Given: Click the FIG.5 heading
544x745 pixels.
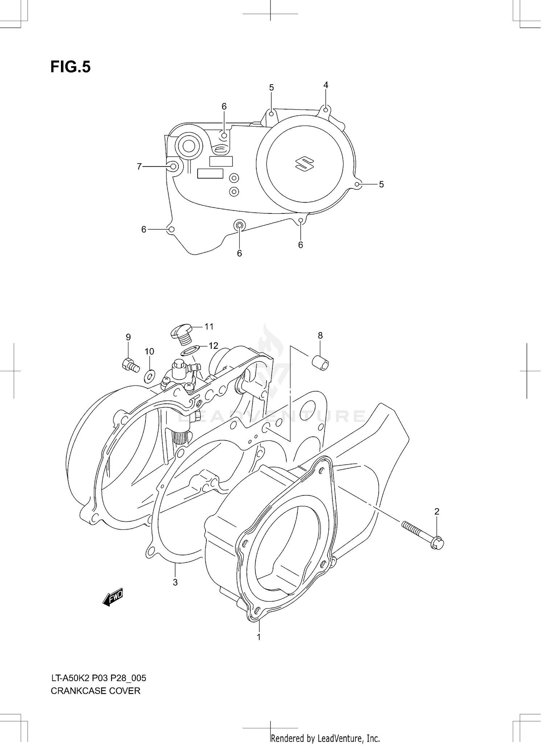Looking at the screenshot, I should pyautogui.click(x=70, y=67).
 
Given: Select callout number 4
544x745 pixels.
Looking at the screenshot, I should pyautogui.click(x=326, y=85).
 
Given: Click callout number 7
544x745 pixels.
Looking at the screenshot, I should pyautogui.click(x=139, y=167).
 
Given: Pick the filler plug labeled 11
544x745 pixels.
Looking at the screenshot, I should pyautogui.click(x=182, y=334).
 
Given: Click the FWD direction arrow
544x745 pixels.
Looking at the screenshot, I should pyautogui.click(x=113, y=597).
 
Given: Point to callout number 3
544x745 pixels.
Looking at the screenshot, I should pyautogui.click(x=175, y=582).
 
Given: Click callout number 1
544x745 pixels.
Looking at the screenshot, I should pyautogui.click(x=259, y=637).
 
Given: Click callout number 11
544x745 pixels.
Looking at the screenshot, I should pyautogui.click(x=209, y=327).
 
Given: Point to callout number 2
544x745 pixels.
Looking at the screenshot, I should pyautogui.click(x=437, y=511).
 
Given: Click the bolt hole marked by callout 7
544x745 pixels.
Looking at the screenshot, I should pyautogui.click(x=173, y=167).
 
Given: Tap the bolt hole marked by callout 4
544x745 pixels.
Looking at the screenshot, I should pyautogui.click(x=326, y=110).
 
